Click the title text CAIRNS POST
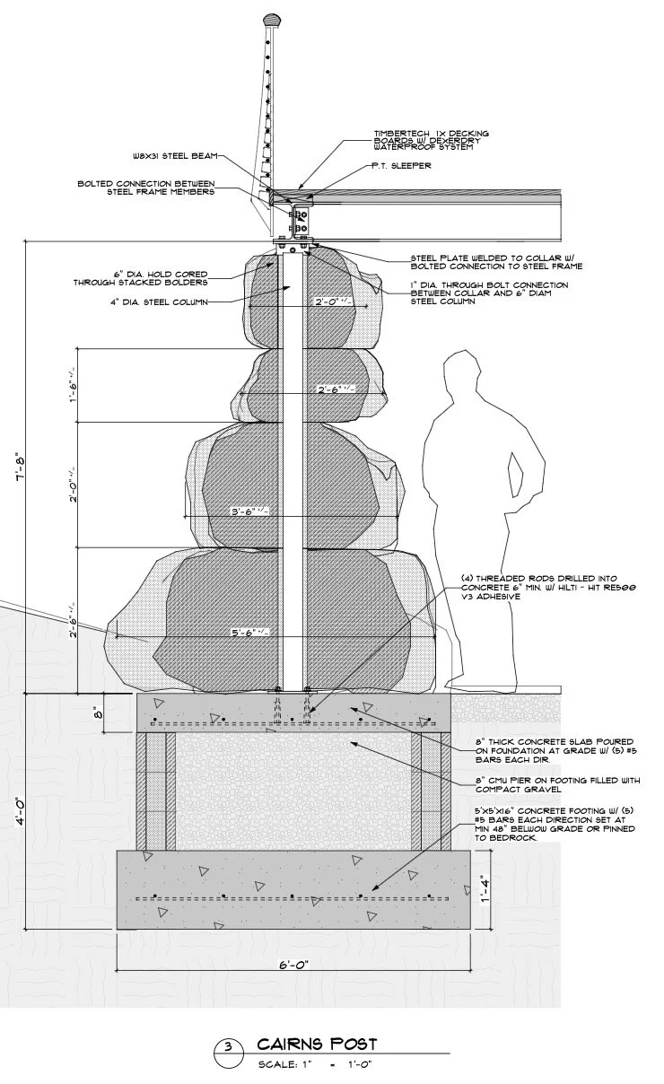point(317,1044)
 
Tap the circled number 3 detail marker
point(228,1047)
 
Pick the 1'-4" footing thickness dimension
point(484,889)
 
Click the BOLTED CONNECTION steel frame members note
point(145,188)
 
